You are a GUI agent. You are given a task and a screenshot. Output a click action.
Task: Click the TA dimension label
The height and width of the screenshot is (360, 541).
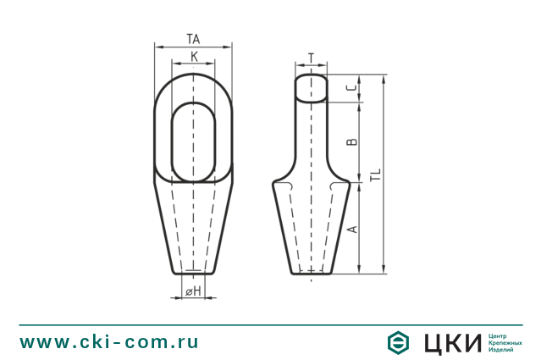tap(193, 39)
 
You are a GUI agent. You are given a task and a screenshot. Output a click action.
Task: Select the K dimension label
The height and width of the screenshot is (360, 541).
tap(194, 57)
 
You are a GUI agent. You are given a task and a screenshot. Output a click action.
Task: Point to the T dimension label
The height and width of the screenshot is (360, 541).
tap(312, 58)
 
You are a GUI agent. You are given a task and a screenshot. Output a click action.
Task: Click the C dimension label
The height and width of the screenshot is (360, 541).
tap(352, 88)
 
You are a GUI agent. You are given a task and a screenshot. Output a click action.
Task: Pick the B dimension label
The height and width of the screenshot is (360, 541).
tap(352, 141)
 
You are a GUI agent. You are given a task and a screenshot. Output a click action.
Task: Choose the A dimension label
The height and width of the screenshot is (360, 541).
tap(352, 229)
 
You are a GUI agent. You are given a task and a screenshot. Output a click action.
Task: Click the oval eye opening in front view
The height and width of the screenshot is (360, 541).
tap(194, 141)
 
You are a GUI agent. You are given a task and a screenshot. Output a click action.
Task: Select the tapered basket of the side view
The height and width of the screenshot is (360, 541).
tap(312, 229)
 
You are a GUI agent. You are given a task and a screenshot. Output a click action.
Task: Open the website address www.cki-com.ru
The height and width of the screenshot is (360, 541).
tap(109, 342)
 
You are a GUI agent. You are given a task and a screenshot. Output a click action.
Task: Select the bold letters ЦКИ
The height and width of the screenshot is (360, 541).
tap(450, 342)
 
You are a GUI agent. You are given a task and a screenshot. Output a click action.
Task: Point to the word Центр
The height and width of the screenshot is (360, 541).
tap(500, 335)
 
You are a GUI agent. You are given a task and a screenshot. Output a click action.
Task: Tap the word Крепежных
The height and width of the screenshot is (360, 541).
tap(505, 342)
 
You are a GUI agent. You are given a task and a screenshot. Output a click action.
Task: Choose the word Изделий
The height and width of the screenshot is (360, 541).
tap(502, 349)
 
